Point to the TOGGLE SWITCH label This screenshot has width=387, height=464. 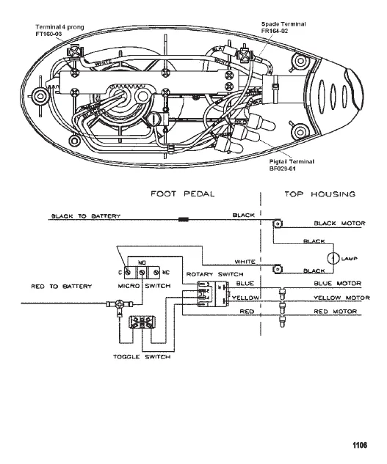pos(142,356)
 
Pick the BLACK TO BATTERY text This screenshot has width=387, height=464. pos(84,216)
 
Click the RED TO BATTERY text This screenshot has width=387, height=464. pos(61,287)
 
